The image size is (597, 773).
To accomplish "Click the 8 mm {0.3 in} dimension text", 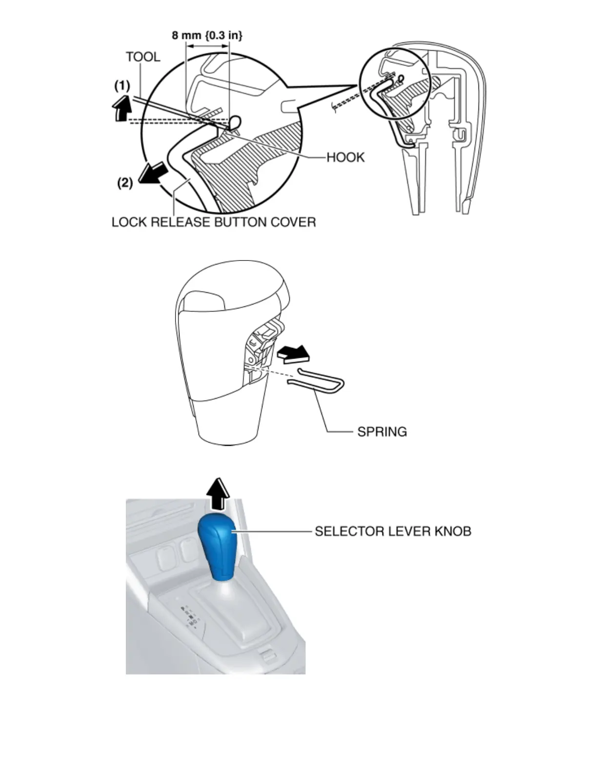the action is (207, 35).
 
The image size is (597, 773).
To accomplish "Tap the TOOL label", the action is (142, 57).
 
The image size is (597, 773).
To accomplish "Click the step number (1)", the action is (122, 86).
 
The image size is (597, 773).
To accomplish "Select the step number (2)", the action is (125, 183).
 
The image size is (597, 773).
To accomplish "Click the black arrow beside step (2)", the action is (152, 173).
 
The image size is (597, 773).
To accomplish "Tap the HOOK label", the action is (345, 157).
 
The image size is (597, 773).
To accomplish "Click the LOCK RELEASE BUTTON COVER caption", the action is (214, 222).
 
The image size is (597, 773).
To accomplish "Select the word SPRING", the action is (382, 431).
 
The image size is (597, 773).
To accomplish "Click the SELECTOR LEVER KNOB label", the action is (393, 531).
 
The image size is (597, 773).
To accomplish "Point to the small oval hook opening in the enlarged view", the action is (236, 121).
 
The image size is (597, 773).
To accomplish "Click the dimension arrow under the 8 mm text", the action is (207, 47).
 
